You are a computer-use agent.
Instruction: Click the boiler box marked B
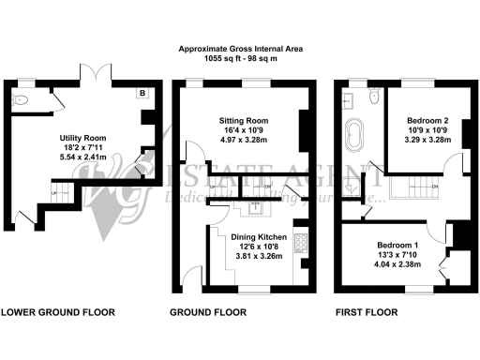[x=141, y=94]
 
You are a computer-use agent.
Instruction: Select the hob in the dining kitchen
[x=300, y=245]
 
